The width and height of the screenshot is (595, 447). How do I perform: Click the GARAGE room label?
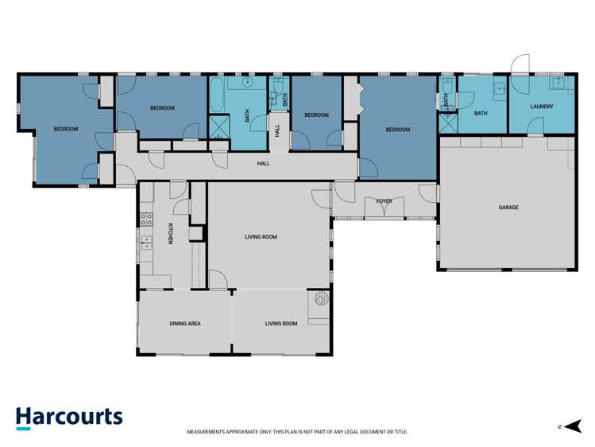pos(508,208)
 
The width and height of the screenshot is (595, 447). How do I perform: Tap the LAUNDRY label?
pos(542,106)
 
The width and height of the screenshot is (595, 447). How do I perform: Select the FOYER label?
pos(384,202)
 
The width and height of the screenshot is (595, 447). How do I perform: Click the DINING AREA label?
pos(184,324)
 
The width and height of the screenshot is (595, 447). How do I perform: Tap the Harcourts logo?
pos(69,418)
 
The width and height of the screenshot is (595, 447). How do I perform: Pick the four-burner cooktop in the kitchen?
pos(146,220)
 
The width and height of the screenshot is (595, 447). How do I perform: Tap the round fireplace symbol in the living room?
pos(321,299)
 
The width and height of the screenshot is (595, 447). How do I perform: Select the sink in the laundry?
pos(558,81)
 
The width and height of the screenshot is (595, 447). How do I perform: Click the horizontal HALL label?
pos(263,164)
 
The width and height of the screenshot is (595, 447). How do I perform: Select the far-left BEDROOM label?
pos(66,129)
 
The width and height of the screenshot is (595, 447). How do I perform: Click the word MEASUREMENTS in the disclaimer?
pos(208,432)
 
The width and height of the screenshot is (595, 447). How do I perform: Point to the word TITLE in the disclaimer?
pos(400,432)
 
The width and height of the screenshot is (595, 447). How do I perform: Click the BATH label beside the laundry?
pos(481,114)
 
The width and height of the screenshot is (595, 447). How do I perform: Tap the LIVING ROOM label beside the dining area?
pos(281,324)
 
